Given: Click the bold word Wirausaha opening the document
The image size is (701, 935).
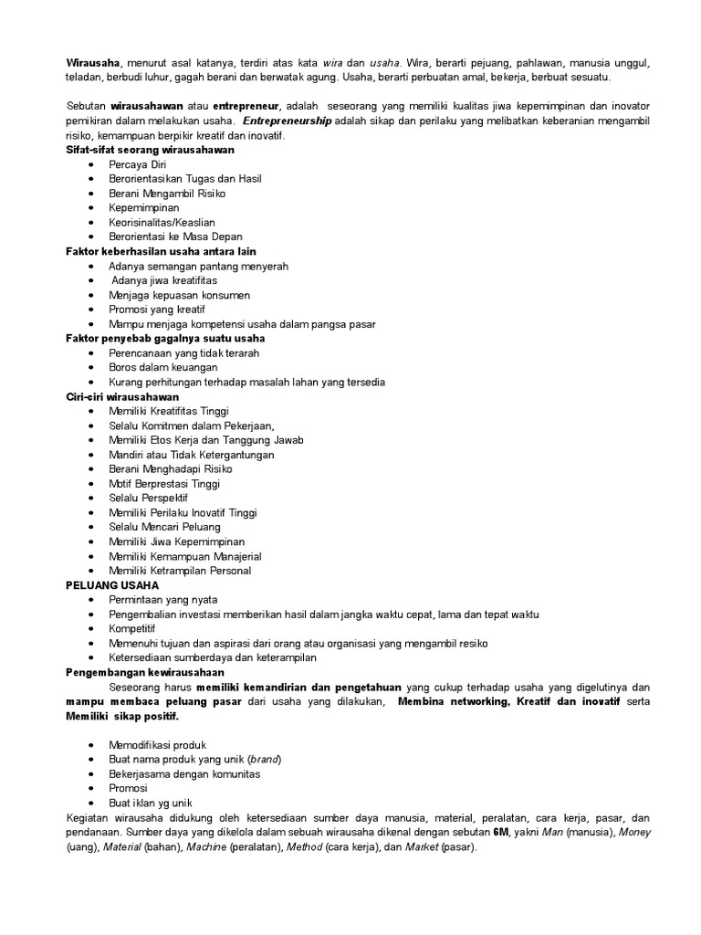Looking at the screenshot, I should [93, 63].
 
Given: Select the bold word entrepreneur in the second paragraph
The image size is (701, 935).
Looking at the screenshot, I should [246, 106].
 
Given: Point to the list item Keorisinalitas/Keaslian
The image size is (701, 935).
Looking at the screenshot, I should [162, 222].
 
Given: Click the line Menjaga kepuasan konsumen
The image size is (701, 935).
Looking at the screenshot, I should [179, 295].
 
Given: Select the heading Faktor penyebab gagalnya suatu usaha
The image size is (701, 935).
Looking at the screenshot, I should [165, 339].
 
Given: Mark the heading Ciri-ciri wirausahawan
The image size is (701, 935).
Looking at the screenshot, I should [122, 397].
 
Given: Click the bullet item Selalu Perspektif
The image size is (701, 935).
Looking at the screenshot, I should [148, 498].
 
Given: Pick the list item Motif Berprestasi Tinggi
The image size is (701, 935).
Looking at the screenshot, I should [164, 483].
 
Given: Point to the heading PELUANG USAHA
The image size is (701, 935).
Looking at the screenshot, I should [112, 584].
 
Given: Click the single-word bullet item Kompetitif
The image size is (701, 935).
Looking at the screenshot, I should [132, 629].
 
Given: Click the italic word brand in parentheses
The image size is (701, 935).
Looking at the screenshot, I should [266, 759].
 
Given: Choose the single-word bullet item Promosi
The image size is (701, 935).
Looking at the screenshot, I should [128, 788].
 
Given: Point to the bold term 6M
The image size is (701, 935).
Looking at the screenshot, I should [501, 832].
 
